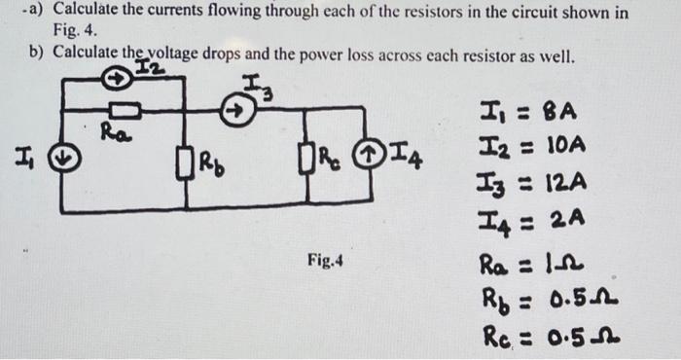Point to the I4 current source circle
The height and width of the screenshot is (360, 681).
(370, 154)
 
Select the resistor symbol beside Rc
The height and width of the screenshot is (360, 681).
(309, 155)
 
